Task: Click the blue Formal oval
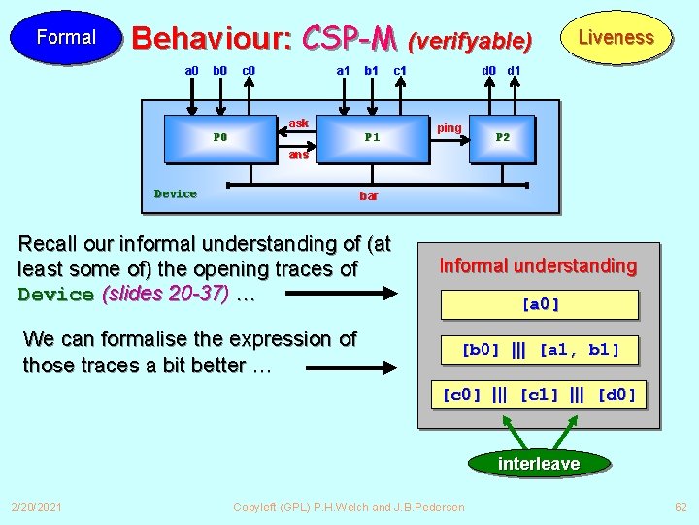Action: pos(66,37)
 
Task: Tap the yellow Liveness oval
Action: pos(616,38)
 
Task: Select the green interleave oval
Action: pos(539,464)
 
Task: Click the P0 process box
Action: pos(220,137)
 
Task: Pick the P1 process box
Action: pos(372,137)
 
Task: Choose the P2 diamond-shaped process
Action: pos(502,137)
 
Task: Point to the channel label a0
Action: pos(192,70)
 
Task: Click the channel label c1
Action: pos(400,70)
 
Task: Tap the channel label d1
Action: pos(515,70)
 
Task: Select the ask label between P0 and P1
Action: pos(299,123)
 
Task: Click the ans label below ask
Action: pos(299,155)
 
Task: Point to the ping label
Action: pos(449,128)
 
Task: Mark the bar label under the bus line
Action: pos(369,196)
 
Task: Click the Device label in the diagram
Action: pos(176,193)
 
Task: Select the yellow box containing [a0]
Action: pos(540,304)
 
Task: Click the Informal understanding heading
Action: pos(538,265)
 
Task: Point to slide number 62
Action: pos(681,507)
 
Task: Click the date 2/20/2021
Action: pos(36,507)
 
